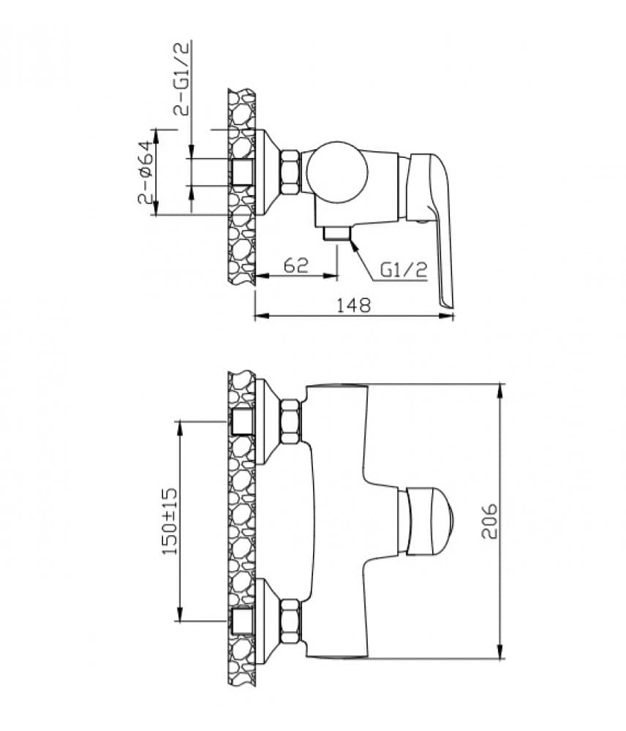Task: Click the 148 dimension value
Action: pyautogui.click(x=353, y=305)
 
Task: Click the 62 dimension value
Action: pyautogui.click(x=296, y=265)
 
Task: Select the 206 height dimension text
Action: pyautogui.click(x=489, y=520)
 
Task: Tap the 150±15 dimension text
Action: pyautogui.click(x=170, y=521)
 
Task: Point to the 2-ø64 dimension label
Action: pyautogui.click(x=145, y=172)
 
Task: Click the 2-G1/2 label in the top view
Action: pyautogui.click(x=181, y=78)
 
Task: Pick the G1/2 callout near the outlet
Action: pyautogui.click(x=404, y=270)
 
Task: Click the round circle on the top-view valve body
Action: pyautogui.click(x=337, y=172)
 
